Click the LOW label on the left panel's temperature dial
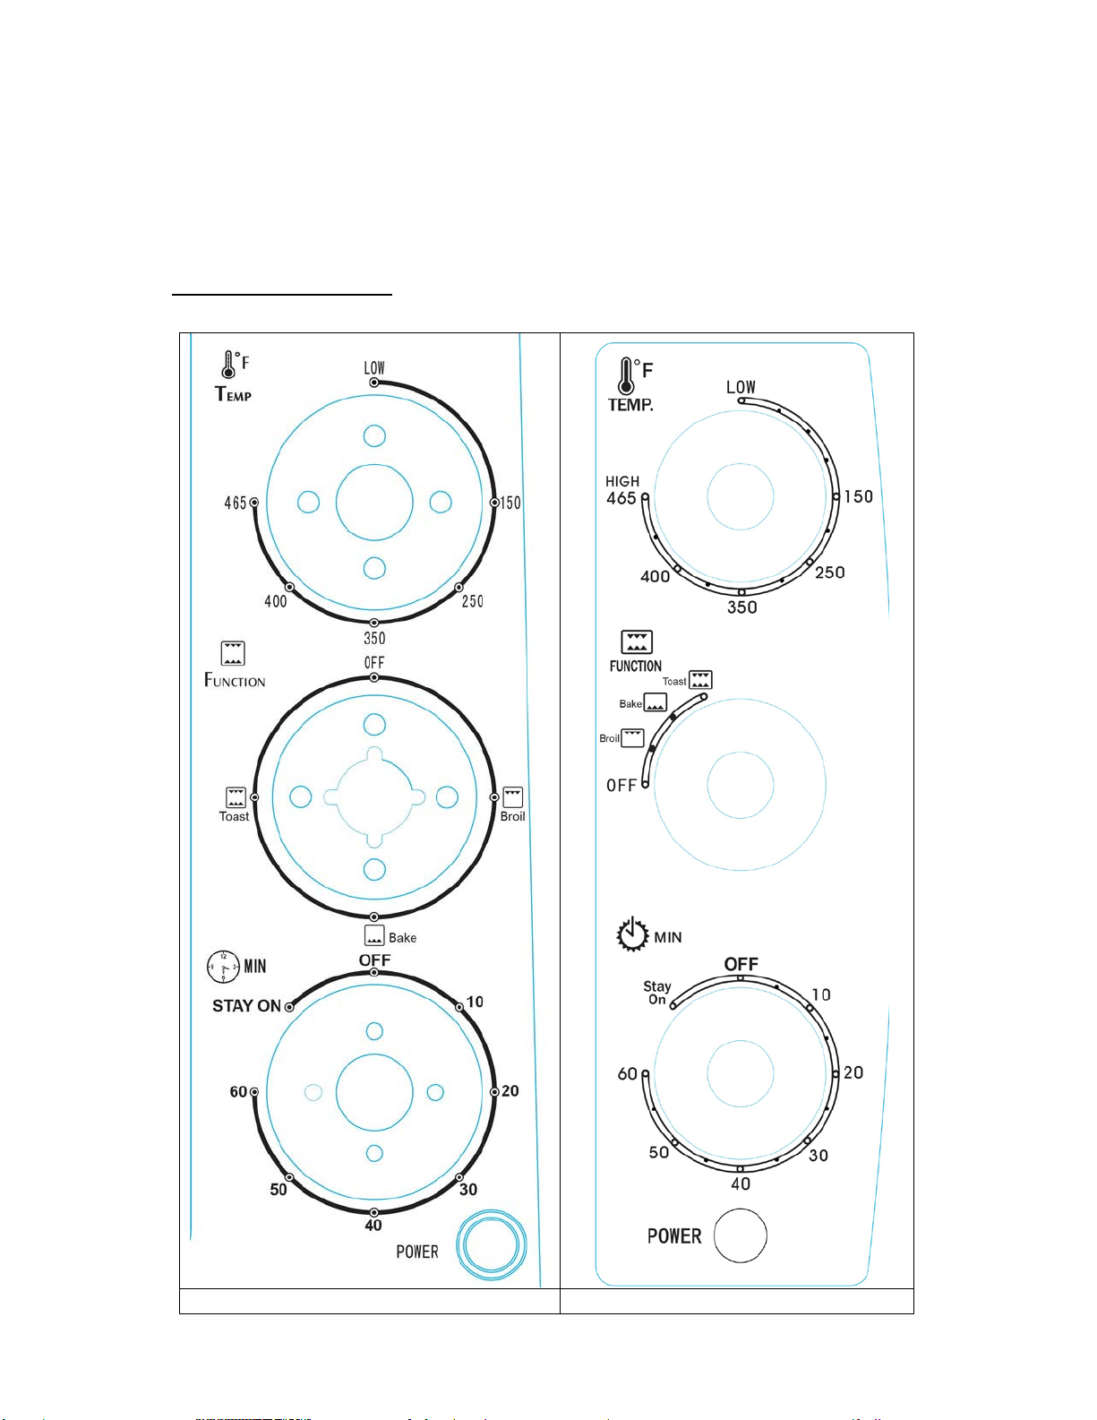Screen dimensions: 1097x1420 click(x=374, y=368)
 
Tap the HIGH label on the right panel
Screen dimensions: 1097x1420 click(x=622, y=481)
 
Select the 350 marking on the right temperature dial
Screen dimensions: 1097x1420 click(x=742, y=607)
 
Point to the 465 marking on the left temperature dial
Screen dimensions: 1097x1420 click(x=236, y=503)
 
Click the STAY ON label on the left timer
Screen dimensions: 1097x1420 click(x=246, y=1006)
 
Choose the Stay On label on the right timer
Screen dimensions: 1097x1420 click(x=657, y=992)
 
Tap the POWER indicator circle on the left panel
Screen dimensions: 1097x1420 click(x=491, y=1244)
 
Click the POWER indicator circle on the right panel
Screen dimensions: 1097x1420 click(x=741, y=1235)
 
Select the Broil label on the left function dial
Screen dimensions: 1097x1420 click(x=512, y=816)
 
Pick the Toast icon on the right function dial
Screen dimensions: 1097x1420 click(x=700, y=680)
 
